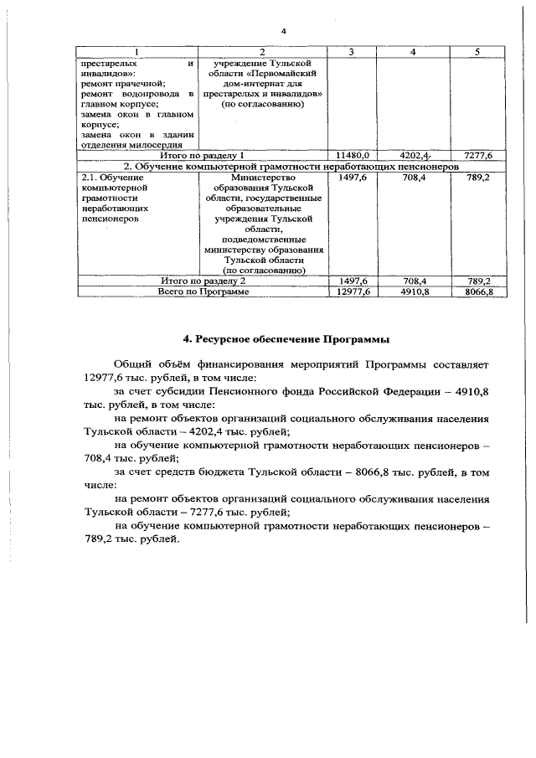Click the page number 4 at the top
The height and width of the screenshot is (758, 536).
284,32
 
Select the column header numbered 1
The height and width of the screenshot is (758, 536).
137,52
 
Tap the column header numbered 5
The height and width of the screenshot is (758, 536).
477,52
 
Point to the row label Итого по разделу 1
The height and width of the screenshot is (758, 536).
202,155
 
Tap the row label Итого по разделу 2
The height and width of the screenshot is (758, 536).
202,281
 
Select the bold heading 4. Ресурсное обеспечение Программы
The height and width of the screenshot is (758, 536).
286,339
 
